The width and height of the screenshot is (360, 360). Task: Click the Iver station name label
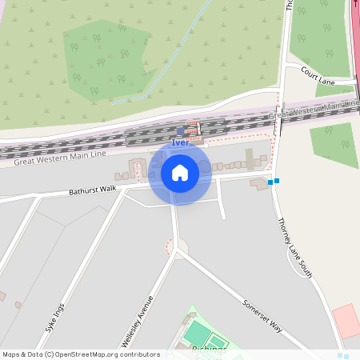180,142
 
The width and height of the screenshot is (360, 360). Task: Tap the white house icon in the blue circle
180,172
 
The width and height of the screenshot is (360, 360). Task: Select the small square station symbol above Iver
180,130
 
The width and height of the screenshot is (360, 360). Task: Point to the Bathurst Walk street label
93,190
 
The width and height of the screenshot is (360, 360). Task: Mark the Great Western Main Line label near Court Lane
314,110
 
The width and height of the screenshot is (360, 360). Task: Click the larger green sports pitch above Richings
198,331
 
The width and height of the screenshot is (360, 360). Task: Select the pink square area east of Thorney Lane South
346,319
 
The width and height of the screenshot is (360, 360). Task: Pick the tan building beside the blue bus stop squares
259,183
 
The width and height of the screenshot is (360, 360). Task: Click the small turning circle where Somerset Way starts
182,246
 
